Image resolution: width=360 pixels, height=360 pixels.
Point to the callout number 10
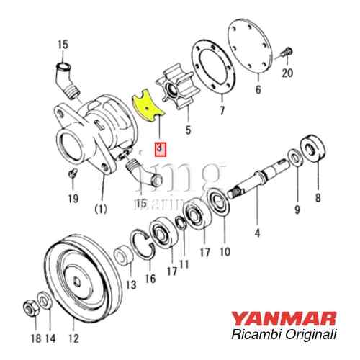tap(224, 252)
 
